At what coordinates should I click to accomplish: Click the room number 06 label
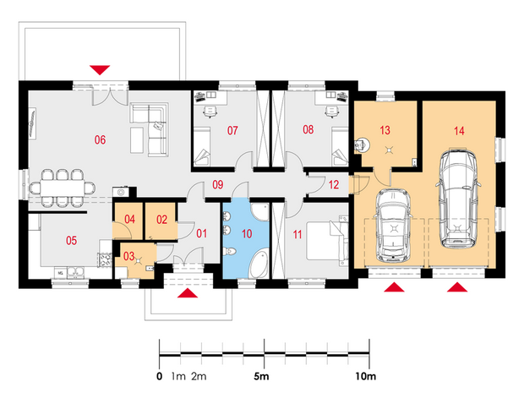(100, 139)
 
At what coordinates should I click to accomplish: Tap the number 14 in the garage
(459, 131)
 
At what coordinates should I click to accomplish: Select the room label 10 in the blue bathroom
(247, 233)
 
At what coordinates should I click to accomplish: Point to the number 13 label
(385, 130)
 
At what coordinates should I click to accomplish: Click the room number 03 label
(129, 256)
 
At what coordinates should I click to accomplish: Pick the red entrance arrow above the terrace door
(100, 70)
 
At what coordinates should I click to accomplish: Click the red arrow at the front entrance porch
(188, 292)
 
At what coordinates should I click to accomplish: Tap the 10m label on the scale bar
(366, 376)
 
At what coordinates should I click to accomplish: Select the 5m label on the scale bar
(261, 376)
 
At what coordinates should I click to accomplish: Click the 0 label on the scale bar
(160, 376)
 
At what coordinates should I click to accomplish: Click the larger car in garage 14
(458, 199)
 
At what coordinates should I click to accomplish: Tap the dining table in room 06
(63, 188)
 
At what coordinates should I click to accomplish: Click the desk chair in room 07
(210, 112)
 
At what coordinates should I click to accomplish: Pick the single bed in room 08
(341, 146)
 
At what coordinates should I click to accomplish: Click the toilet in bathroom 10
(230, 251)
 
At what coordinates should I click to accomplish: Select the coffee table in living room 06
(137, 139)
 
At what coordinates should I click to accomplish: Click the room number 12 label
(334, 184)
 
